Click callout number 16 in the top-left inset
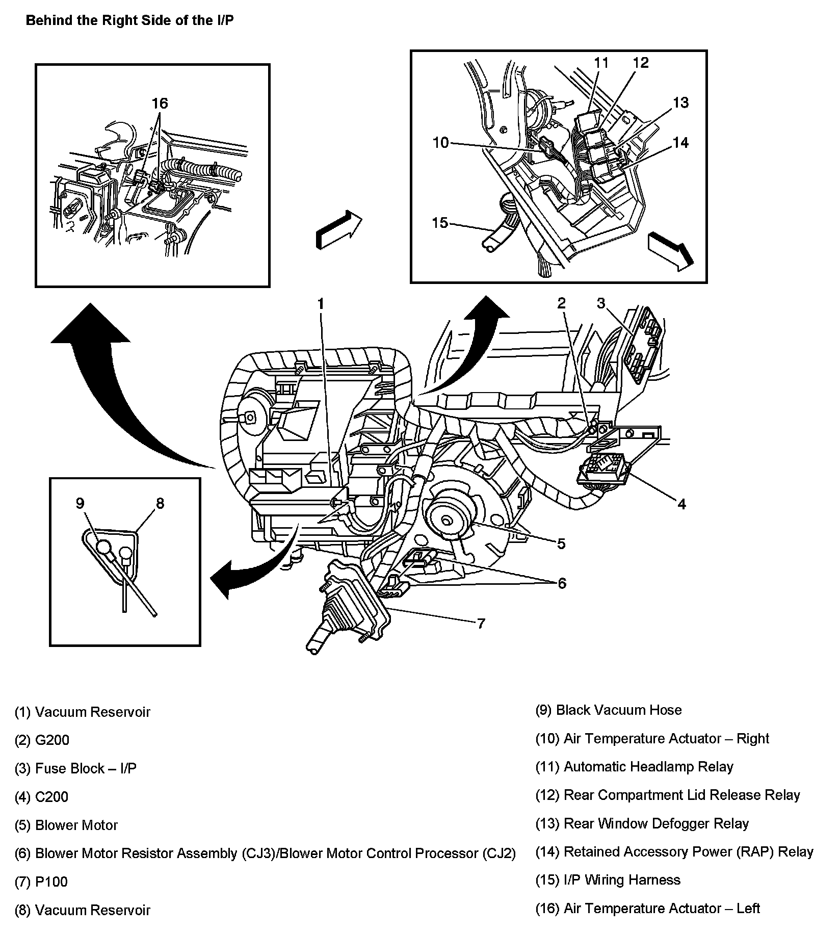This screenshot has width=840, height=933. (x=160, y=103)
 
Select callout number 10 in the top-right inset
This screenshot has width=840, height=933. (x=440, y=143)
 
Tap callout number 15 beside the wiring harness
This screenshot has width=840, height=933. (x=440, y=223)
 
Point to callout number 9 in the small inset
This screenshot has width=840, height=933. (x=80, y=503)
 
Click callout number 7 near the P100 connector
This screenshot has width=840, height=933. (x=480, y=623)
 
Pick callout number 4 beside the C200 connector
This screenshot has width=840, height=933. (x=681, y=504)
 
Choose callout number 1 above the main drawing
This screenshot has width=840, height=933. (x=321, y=304)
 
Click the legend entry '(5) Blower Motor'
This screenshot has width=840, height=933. (x=66, y=825)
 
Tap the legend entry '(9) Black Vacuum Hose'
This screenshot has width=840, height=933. (x=609, y=710)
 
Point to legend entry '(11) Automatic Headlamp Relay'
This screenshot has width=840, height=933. (x=634, y=767)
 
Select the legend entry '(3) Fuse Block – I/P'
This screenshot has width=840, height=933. (x=75, y=768)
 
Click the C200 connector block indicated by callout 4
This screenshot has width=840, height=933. (x=603, y=469)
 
